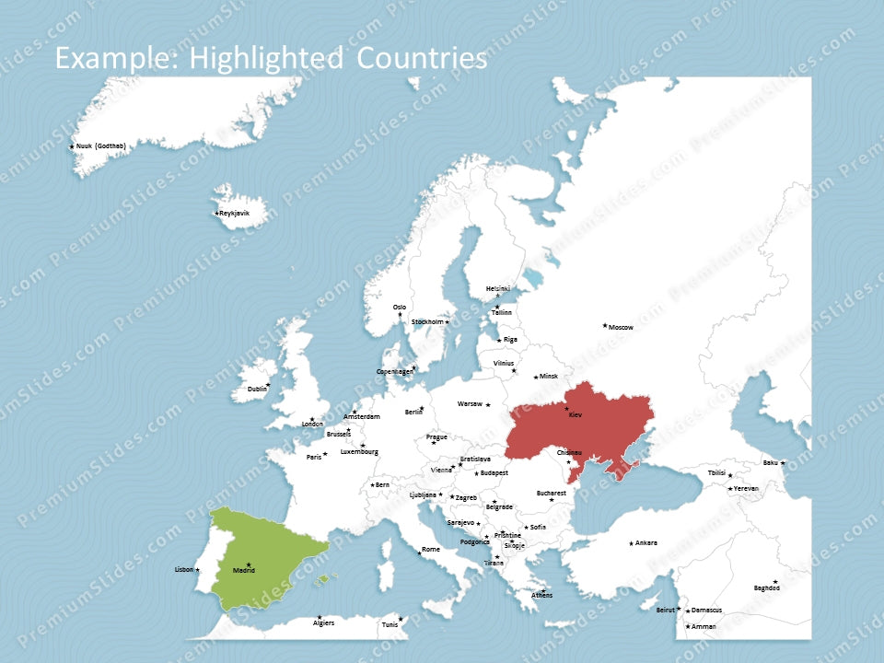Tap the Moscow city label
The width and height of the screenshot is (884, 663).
click(621, 327)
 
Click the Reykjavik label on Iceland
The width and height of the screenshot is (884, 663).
click(234, 213)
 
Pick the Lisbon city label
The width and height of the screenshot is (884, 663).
click(184, 569)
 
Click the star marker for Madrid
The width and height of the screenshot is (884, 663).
click(249, 564)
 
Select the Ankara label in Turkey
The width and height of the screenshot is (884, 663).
click(646, 542)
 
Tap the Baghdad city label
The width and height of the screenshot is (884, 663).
click(766, 587)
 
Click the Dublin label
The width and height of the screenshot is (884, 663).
click(257, 390)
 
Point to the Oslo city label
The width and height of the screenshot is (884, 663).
click(400, 307)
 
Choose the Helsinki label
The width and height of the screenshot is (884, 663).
click(497, 288)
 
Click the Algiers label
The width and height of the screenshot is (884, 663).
click(323, 623)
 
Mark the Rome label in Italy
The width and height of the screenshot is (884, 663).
click(431, 550)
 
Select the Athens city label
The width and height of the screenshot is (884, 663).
click(542, 595)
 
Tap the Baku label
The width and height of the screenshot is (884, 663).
click(770, 462)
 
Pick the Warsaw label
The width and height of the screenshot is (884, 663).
click(470, 403)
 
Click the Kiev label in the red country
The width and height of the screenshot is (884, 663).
click(576, 415)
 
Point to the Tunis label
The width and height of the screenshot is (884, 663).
click(390, 624)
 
